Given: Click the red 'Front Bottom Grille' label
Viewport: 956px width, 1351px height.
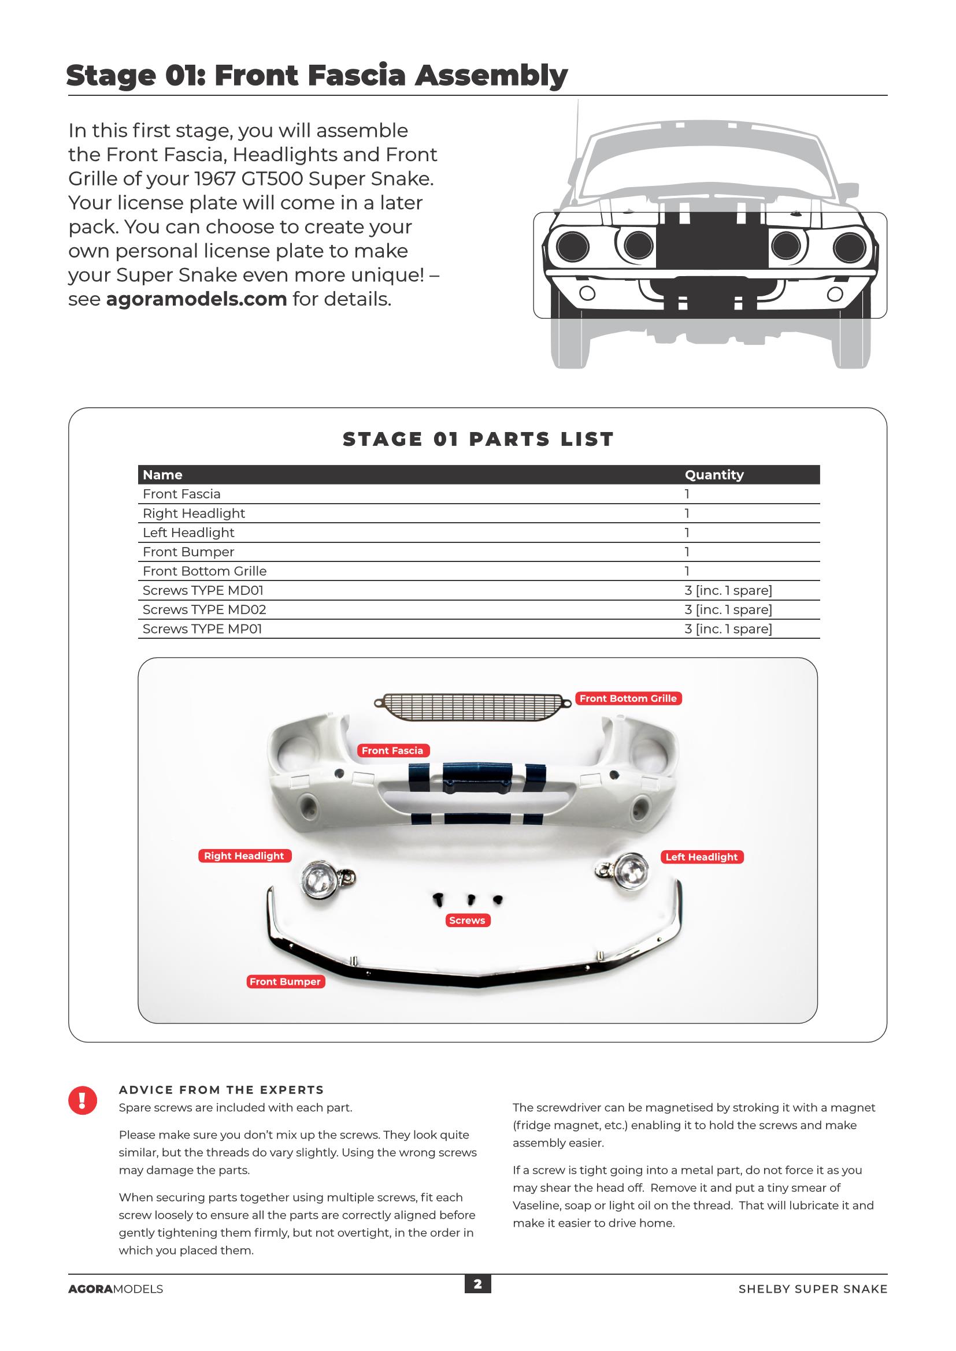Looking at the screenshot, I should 628,698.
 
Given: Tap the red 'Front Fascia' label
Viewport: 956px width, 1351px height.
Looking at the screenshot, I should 392,750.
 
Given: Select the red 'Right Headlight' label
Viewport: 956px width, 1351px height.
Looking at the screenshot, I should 244,855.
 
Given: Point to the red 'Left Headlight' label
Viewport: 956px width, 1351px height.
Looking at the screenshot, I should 701,857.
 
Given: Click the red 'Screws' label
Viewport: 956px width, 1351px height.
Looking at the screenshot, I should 467,920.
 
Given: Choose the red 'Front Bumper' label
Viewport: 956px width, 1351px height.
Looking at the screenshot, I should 285,981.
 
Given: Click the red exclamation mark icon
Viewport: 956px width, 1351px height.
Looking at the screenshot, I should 83,1100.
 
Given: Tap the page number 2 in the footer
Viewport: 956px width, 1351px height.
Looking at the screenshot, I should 477,1284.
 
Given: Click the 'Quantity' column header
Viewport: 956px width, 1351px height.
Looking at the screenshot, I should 714,475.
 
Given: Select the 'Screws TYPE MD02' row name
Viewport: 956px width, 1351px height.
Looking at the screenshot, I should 204,609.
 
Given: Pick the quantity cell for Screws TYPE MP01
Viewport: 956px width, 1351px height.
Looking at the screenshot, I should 728,629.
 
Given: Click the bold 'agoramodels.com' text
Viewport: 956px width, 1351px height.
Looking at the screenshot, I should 196,299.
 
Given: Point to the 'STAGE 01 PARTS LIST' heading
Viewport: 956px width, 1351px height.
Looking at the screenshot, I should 478,439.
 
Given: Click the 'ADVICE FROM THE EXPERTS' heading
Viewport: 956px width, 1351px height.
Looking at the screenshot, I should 221,1090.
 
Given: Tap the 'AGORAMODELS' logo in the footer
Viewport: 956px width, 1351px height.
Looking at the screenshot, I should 116,1289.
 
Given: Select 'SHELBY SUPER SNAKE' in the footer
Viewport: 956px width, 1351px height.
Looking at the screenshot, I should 812,1289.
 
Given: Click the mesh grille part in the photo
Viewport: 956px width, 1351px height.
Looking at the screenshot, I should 473,706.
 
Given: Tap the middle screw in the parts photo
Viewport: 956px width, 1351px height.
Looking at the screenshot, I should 471,899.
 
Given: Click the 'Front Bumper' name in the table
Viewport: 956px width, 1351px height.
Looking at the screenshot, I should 188,552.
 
